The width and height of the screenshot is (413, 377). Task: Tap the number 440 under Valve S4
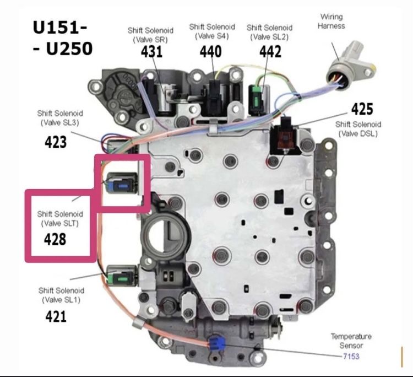tap(210, 51)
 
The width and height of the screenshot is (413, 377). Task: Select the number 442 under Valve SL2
tap(270, 51)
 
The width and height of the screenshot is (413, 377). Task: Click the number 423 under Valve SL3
tap(56, 142)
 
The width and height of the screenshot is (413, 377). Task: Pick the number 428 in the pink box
tap(55, 240)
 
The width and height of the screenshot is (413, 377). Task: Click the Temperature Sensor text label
tap(351, 341)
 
